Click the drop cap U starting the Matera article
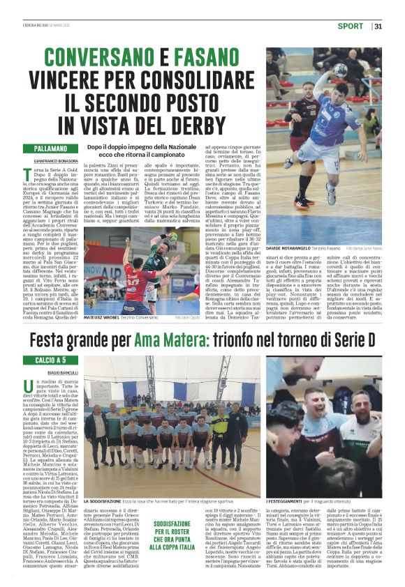(x=28, y=386)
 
